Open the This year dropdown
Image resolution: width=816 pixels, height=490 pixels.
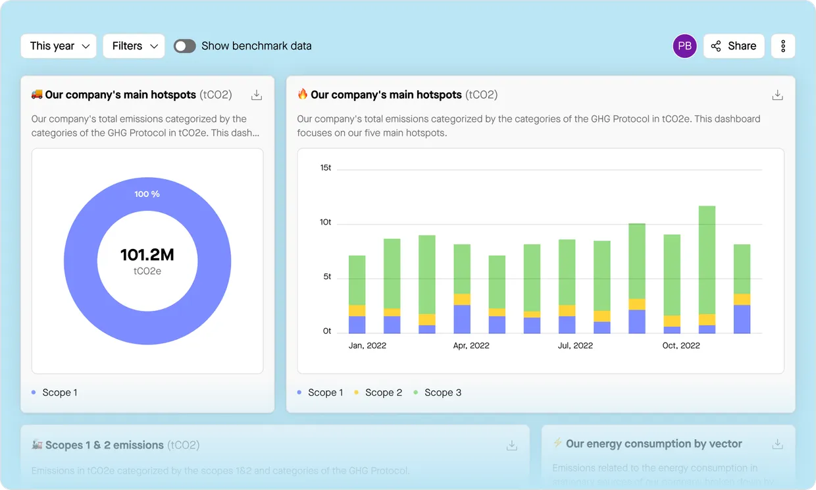(x=59, y=46)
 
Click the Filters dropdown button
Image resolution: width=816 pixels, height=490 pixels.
(x=134, y=46)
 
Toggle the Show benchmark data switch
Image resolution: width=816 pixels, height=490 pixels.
(x=185, y=46)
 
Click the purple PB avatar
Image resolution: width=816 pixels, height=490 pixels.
(x=684, y=46)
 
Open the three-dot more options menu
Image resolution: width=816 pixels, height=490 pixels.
(x=783, y=46)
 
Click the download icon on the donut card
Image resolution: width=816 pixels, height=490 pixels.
(x=257, y=95)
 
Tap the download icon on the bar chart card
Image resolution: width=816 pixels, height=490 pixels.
(x=777, y=95)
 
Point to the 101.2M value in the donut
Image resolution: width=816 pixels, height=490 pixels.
(x=147, y=255)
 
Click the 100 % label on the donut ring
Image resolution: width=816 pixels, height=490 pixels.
(x=147, y=194)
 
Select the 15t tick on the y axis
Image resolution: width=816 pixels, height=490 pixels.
(x=326, y=168)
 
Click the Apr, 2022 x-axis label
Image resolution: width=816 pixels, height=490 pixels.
(x=471, y=346)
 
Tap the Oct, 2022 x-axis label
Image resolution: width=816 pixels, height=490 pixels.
(x=681, y=346)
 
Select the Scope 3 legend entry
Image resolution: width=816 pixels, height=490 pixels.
(x=438, y=393)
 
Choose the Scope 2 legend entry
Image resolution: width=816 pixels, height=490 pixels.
(x=378, y=393)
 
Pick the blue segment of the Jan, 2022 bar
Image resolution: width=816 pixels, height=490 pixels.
(x=357, y=325)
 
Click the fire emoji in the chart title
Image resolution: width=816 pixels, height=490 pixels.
(x=303, y=94)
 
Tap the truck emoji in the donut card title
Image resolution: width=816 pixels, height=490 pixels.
(x=37, y=94)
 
